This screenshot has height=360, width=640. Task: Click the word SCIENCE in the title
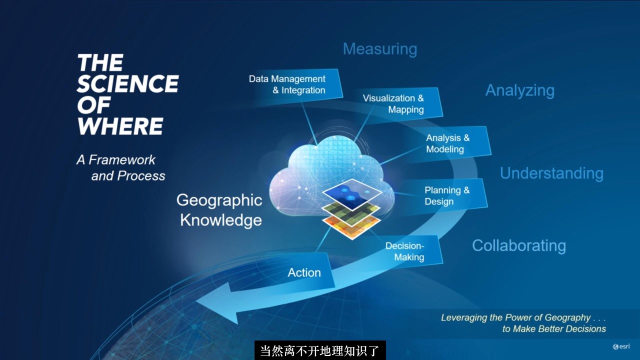(x=127, y=83)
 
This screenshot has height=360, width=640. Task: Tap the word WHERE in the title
(x=120, y=126)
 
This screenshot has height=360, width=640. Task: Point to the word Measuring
(x=380, y=49)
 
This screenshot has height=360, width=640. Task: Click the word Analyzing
(x=520, y=91)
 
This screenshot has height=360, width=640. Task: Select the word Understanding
(x=551, y=173)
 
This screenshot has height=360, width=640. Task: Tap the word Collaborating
(x=519, y=245)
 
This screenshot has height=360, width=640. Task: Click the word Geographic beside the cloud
(x=219, y=200)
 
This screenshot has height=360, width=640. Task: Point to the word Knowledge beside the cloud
(x=221, y=220)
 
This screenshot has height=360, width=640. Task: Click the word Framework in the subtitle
(x=122, y=159)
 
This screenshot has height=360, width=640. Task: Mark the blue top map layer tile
(x=352, y=194)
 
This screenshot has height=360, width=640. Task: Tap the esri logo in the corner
(x=621, y=346)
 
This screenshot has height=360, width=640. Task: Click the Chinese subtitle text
(x=320, y=351)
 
